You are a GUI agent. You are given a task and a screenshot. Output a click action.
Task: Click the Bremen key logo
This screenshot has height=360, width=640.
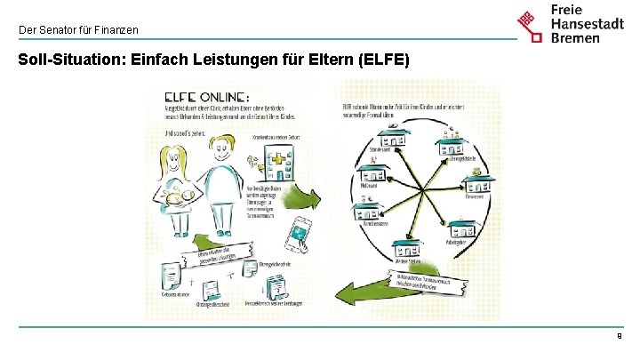531,25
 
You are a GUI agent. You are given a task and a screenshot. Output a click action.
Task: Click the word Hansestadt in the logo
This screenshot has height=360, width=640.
588,24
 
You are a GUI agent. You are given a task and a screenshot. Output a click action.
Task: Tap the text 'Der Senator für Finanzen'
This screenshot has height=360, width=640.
79,30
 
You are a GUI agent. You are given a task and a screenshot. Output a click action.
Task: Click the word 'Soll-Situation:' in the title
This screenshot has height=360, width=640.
70,61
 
